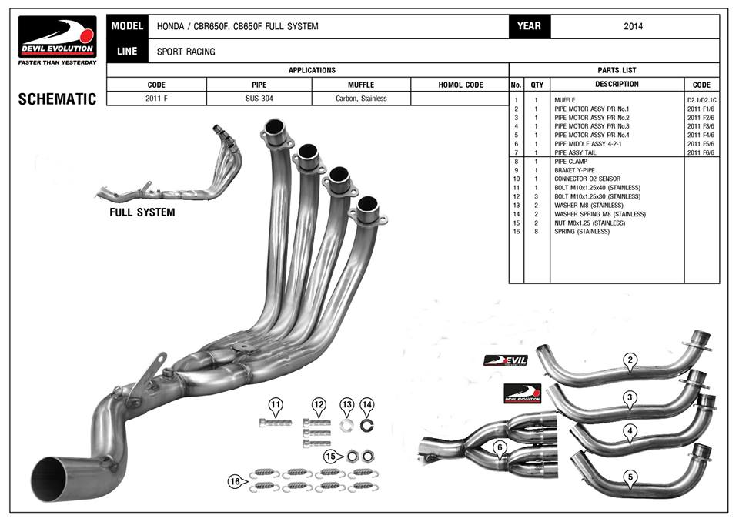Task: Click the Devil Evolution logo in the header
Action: [x=58, y=39]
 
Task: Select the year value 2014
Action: [x=634, y=26]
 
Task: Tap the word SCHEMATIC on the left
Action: [x=57, y=99]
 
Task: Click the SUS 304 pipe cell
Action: [x=259, y=99]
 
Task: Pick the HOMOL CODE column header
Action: [x=460, y=85]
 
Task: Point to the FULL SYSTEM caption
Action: [x=142, y=212]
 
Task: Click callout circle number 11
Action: [x=276, y=403]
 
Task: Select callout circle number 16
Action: [x=235, y=481]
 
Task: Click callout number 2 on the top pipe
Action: [x=630, y=360]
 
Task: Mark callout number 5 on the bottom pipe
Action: [x=630, y=477]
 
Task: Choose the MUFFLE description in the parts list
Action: [x=565, y=100]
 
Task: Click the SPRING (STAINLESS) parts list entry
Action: [x=581, y=232]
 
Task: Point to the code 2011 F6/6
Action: [x=701, y=152]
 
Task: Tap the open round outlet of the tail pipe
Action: [x=58, y=478]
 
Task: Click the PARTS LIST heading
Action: [x=617, y=70]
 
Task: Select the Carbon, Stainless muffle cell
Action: [x=361, y=99]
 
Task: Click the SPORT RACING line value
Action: [x=186, y=52]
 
